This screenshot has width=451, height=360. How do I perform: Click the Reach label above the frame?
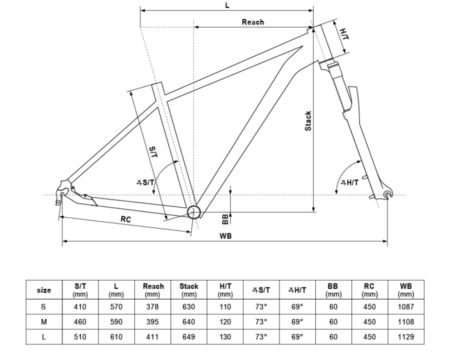(253, 22)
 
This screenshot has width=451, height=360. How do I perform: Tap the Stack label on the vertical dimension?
(308, 121)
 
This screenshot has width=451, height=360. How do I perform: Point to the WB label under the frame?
(225, 236)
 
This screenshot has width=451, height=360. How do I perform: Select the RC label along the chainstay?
(126, 219)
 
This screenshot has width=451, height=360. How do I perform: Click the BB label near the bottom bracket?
(225, 219)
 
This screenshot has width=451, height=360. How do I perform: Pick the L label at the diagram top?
(227, 5)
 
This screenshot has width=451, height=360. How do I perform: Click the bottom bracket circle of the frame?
(194, 212)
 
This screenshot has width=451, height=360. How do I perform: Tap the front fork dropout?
(388, 194)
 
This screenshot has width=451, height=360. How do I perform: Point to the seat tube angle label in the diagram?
(145, 182)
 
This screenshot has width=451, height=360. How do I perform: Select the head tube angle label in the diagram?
(350, 182)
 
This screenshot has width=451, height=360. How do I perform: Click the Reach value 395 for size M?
(153, 322)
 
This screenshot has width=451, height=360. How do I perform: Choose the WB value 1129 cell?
(406, 337)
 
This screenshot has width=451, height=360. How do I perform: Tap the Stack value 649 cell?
(189, 337)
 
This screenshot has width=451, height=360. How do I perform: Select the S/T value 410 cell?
(80, 307)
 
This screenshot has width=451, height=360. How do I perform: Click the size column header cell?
(44, 290)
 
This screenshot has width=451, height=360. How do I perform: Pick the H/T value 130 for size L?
(225, 337)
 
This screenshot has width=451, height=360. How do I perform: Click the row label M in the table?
(44, 322)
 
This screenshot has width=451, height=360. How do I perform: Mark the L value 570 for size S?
(116, 307)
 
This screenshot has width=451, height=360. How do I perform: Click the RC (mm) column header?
(370, 290)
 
